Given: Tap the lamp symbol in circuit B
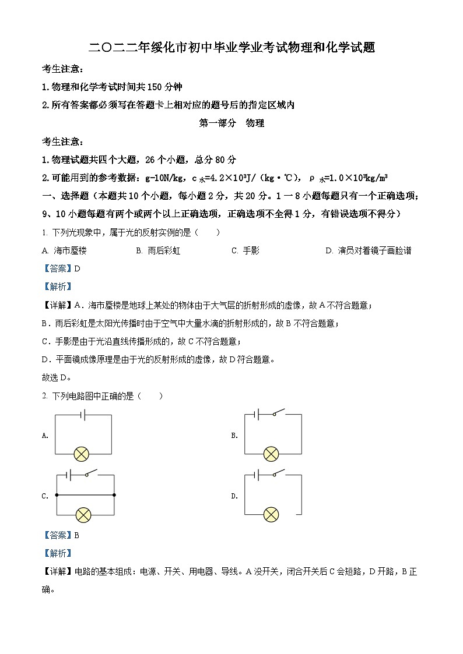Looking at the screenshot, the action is pos(271,454).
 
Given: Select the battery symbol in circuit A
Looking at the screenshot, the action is pos(83,415).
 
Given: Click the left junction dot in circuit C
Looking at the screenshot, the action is pos(57,495).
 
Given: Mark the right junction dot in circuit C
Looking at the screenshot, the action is pos(114,495).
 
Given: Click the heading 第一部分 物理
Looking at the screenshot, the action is pos(232,123).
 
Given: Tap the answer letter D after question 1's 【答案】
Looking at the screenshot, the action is pos(77,268).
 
